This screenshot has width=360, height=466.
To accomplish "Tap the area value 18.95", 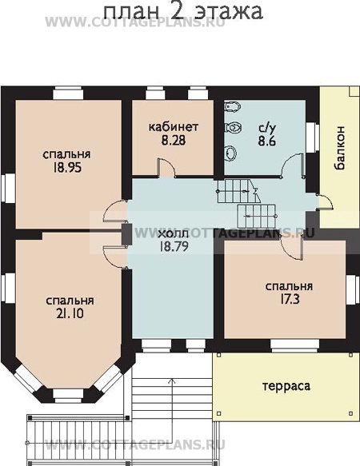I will click(66, 169).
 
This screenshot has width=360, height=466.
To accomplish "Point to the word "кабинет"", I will click(173, 127).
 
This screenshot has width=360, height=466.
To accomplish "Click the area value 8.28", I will click(173, 141).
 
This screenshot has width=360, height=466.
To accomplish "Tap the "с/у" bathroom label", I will click(266, 127).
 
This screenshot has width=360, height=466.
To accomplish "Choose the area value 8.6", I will click(266, 141).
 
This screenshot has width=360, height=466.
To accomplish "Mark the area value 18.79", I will click(174, 246).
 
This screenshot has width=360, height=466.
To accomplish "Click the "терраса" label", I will click(286, 385).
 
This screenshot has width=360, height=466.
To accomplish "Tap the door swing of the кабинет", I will click(164, 168).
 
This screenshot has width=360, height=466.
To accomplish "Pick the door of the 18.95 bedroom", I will click(117, 211).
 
